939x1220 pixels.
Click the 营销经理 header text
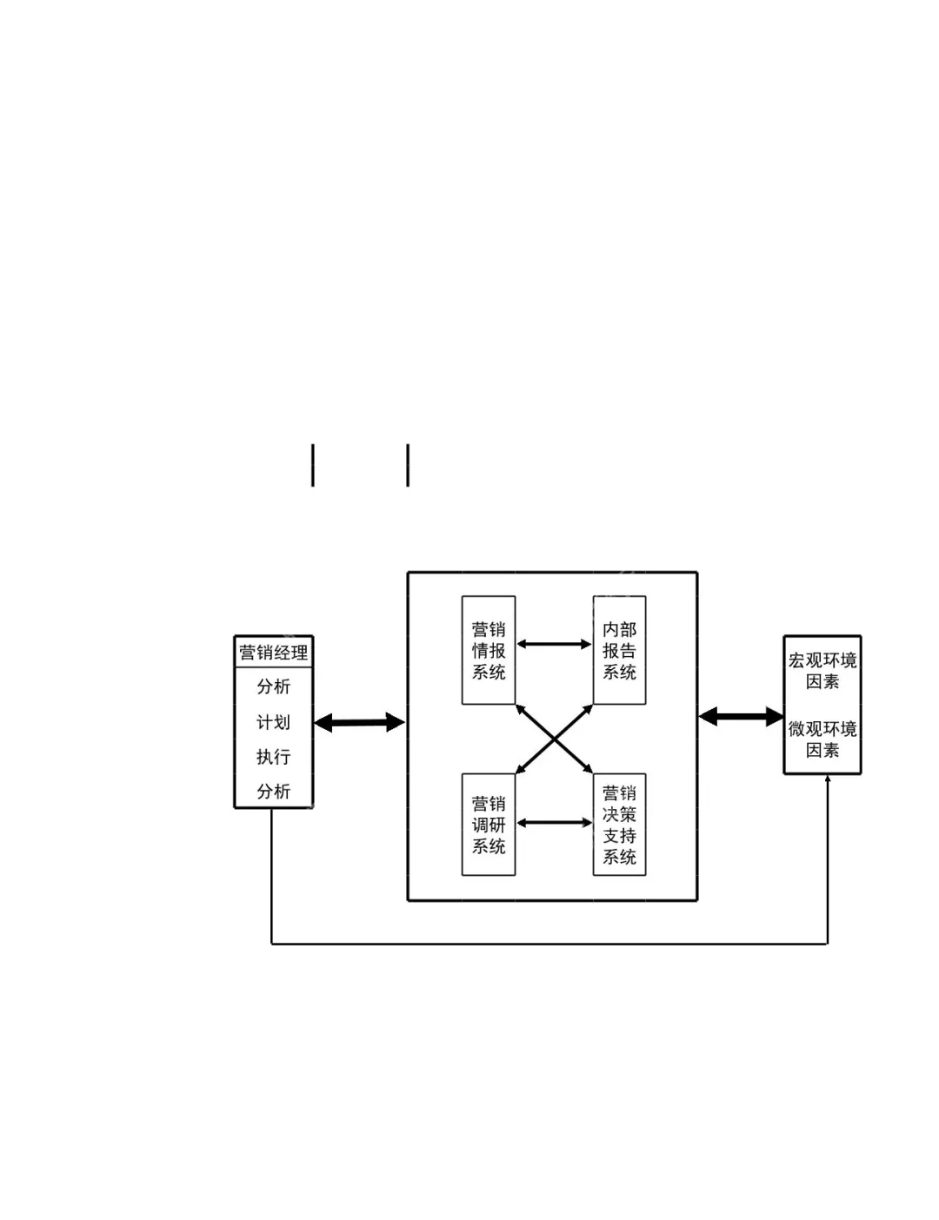(273, 653)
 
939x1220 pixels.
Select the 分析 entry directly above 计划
(273, 686)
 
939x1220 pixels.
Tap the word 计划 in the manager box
(273, 722)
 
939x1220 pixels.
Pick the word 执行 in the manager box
(273, 757)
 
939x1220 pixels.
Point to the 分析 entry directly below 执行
(273, 792)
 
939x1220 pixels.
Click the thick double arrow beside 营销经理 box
(359, 722)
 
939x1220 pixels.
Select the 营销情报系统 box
(489, 650)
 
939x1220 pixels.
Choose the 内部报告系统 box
(619, 650)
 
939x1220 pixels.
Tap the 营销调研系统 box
(489, 825)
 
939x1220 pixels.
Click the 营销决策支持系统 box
(619, 825)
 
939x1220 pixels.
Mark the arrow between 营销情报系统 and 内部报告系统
(554, 645)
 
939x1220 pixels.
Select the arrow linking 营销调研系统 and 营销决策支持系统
(554, 822)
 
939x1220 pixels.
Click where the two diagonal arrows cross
(554, 739)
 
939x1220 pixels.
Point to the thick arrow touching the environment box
(741, 717)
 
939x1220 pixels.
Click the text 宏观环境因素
(822, 671)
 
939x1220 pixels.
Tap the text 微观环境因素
(822, 739)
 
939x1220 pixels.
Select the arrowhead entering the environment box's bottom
(827, 779)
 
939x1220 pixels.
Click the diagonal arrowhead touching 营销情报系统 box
(520, 708)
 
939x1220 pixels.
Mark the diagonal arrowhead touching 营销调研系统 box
(520, 769)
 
